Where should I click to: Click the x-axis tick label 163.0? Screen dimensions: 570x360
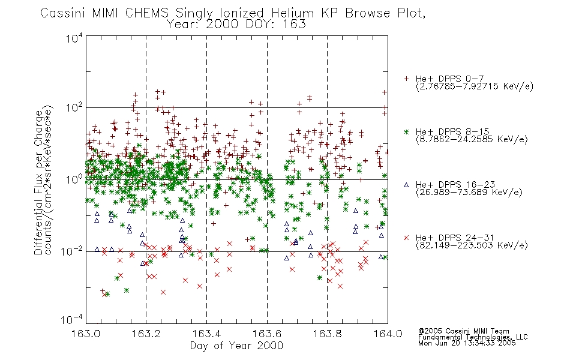click(x=85, y=334)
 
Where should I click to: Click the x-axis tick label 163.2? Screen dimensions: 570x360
click(x=146, y=334)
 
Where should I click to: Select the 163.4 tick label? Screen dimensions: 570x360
click(x=206, y=334)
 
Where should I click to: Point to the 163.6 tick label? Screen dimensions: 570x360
click(x=267, y=334)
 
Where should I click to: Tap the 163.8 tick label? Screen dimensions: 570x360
click(x=328, y=334)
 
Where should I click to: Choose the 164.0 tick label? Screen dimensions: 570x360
click(x=388, y=334)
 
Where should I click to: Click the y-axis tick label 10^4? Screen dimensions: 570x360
click(x=74, y=38)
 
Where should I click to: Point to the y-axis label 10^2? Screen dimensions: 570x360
click(x=74, y=108)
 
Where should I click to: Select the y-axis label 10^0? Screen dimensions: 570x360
click(x=74, y=179)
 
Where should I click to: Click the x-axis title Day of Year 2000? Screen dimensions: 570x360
click(x=236, y=346)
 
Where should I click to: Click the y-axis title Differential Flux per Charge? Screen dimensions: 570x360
click(x=39, y=183)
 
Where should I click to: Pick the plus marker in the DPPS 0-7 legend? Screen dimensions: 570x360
click(x=406, y=79)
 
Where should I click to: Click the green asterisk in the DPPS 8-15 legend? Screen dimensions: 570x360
click(x=406, y=132)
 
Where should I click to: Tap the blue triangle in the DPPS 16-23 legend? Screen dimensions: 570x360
click(x=406, y=185)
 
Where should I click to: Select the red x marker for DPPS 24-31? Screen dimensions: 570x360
click(x=406, y=238)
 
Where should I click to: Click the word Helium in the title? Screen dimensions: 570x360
click(x=293, y=13)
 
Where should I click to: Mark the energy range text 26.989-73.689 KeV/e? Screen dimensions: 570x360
click(x=469, y=193)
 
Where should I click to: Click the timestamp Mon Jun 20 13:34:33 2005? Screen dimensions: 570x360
click(x=467, y=343)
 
